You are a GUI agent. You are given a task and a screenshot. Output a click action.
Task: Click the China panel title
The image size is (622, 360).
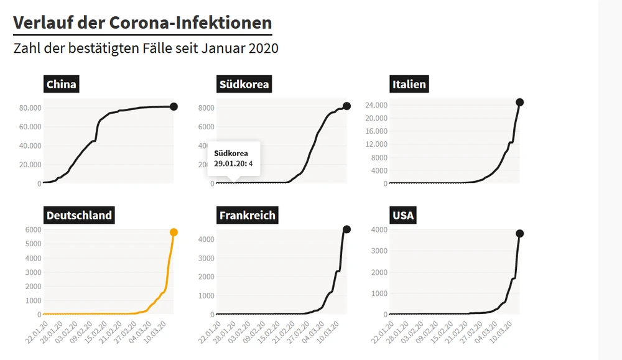(62, 85)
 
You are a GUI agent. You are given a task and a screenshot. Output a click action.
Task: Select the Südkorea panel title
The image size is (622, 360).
(244, 85)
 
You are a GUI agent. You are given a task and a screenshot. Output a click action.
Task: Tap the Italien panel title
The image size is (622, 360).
(409, 85)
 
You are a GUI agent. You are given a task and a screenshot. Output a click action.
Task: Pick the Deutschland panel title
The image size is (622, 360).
(79, 216)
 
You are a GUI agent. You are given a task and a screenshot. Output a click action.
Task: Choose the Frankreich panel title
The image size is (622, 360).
(247, 216)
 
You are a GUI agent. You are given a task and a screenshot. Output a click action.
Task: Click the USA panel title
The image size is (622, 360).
(403, 216)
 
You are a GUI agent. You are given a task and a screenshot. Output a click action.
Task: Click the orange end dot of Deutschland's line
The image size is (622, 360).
(174, 232)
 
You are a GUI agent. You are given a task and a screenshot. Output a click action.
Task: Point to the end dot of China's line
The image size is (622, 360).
(174, 106)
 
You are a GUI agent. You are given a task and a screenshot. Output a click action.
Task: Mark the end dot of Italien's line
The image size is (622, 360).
(520, 102)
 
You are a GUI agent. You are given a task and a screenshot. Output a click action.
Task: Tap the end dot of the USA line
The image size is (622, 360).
(520, 233)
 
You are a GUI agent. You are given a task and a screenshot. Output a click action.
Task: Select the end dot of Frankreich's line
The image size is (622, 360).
(346, 229)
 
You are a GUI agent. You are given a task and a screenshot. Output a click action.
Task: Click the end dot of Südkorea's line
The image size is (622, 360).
(346, 106)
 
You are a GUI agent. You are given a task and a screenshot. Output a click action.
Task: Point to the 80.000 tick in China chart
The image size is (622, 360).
(30, 108)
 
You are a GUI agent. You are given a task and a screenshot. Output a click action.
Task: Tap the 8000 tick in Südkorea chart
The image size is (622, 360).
(223, 108)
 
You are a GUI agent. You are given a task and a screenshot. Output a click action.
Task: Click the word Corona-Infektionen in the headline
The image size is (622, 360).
(190, 22)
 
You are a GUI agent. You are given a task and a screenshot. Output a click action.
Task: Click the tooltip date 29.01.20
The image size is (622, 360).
(230, 164)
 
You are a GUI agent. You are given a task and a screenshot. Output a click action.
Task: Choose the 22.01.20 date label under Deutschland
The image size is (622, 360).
(36, 329)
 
